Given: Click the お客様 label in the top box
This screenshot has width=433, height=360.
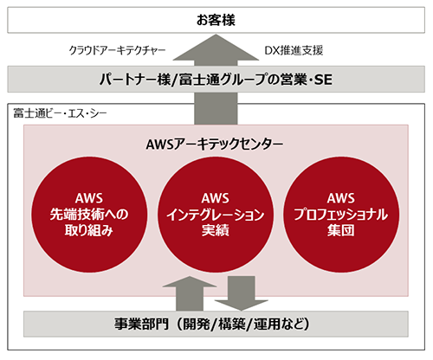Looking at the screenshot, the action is [216, 20].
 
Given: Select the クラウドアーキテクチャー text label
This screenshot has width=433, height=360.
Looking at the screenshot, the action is [117, 51].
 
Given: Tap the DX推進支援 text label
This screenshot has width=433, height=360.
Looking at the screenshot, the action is [294, 51].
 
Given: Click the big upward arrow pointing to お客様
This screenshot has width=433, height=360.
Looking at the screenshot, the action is [216, 80].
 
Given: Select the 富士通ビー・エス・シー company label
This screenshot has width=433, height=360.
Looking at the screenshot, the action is [60, 113].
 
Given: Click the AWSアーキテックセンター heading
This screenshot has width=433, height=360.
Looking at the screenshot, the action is [215, 144].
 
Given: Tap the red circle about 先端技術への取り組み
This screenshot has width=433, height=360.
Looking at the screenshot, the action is [89, 215].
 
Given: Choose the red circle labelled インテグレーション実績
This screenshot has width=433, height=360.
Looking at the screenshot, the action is [216, 215].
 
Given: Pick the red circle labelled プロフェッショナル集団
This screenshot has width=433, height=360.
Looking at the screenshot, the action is [341, 215].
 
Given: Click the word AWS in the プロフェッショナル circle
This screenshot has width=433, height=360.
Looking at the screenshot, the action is [341, 198].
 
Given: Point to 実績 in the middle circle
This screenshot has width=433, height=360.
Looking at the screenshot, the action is [216, 230].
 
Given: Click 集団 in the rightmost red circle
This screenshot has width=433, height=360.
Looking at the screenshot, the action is [341, 230].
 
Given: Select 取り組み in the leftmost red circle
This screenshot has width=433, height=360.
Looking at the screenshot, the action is [89, 230].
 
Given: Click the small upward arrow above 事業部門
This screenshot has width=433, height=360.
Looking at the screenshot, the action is [190, 293].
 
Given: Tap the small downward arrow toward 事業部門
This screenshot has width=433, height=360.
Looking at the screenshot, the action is [242, 293].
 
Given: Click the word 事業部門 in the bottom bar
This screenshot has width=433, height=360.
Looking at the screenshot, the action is [141, 324].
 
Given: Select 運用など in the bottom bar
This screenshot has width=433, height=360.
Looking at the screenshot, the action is [279, 324].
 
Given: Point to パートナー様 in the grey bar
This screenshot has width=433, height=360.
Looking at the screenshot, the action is [135, 80].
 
